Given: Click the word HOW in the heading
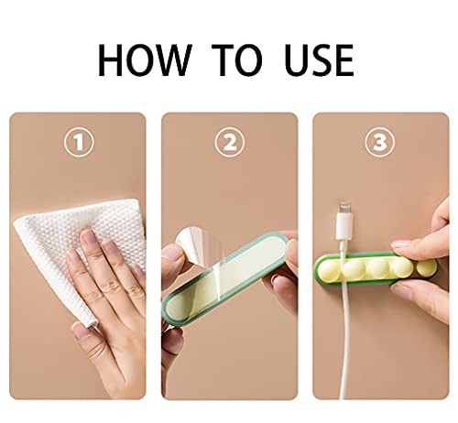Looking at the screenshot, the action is click(x=145, y=60).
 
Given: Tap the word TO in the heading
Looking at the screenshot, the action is click(x=237, y=60).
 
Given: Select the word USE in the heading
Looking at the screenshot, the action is click(x=319, y=60).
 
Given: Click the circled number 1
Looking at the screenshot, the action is click(x=79, y=142).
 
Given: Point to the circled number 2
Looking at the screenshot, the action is click(x=230, y=142).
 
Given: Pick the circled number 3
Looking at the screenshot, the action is click(x=380, y=142).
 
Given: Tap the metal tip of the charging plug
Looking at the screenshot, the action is click(x=345, y=208).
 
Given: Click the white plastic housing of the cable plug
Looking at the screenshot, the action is click(x=343, y=227).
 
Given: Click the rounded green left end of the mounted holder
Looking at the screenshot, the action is click(x=318, y=269).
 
